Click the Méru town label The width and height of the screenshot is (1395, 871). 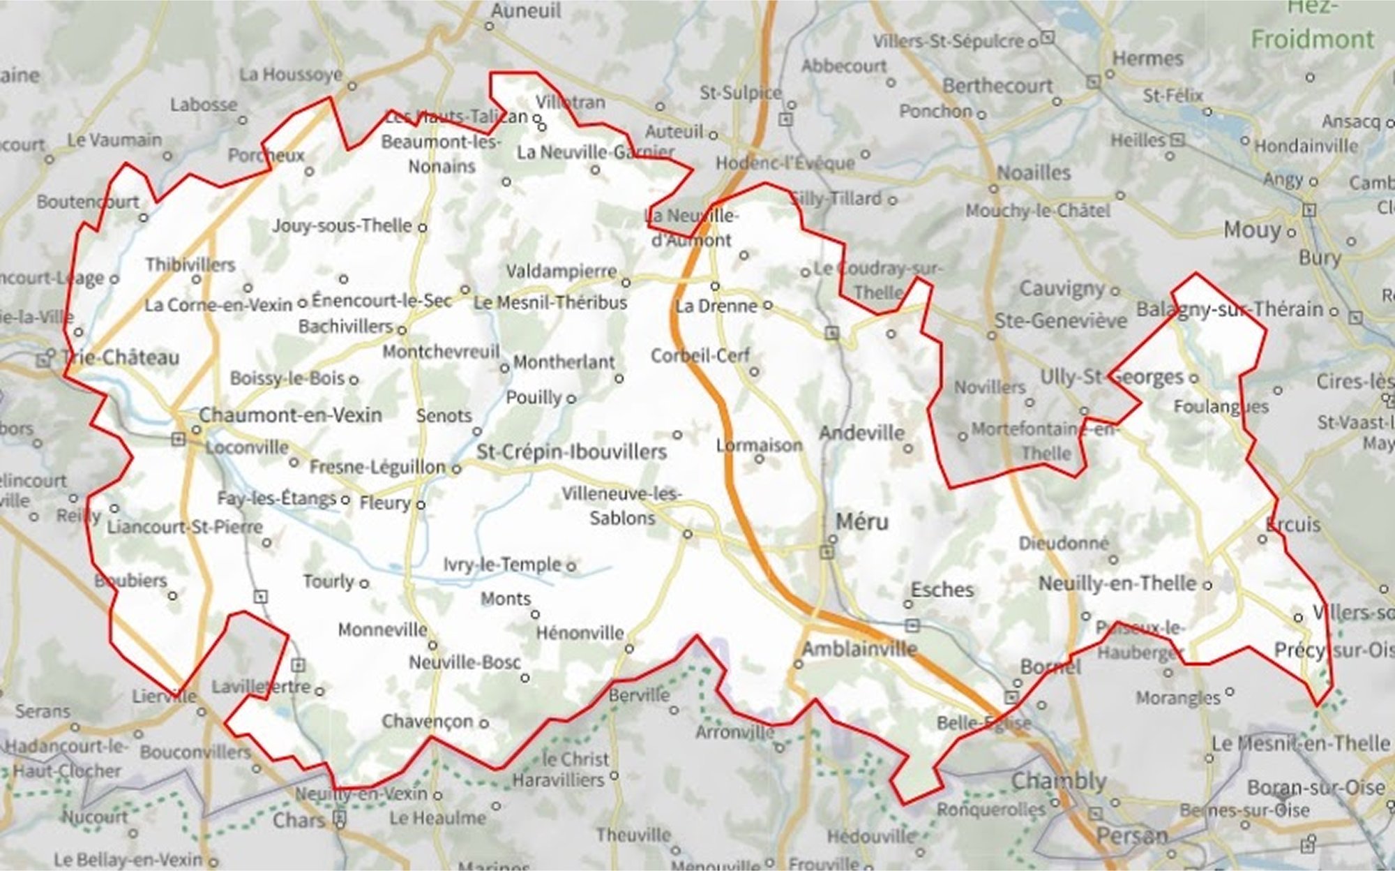(862, 522)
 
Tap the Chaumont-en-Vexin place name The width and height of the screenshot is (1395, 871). (290, 415)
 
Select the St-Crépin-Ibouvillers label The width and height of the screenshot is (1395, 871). (571, 452)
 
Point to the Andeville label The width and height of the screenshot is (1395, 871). (861, 433)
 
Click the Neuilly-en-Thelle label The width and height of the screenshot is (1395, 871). (1117, 584)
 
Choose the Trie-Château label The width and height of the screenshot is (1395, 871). (120, 358)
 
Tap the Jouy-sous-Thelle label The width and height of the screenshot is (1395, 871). (342, 226)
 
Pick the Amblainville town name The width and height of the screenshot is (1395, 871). (859, 649)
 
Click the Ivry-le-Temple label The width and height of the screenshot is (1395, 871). (502, 565)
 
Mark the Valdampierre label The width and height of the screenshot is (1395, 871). (561, 271)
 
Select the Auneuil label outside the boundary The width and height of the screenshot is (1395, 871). (526, 10)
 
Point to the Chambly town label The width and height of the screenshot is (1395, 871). (1059, 781)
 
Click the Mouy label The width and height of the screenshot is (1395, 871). (1253, 230)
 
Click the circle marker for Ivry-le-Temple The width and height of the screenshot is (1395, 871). (571, 566)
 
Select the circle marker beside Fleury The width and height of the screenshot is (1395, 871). (421, 505)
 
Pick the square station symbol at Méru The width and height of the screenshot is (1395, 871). (827, 553)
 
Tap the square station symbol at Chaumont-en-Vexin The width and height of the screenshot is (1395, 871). (179, 439)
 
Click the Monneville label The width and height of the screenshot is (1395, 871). (382, 630)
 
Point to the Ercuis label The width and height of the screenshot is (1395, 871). (1293, 524)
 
